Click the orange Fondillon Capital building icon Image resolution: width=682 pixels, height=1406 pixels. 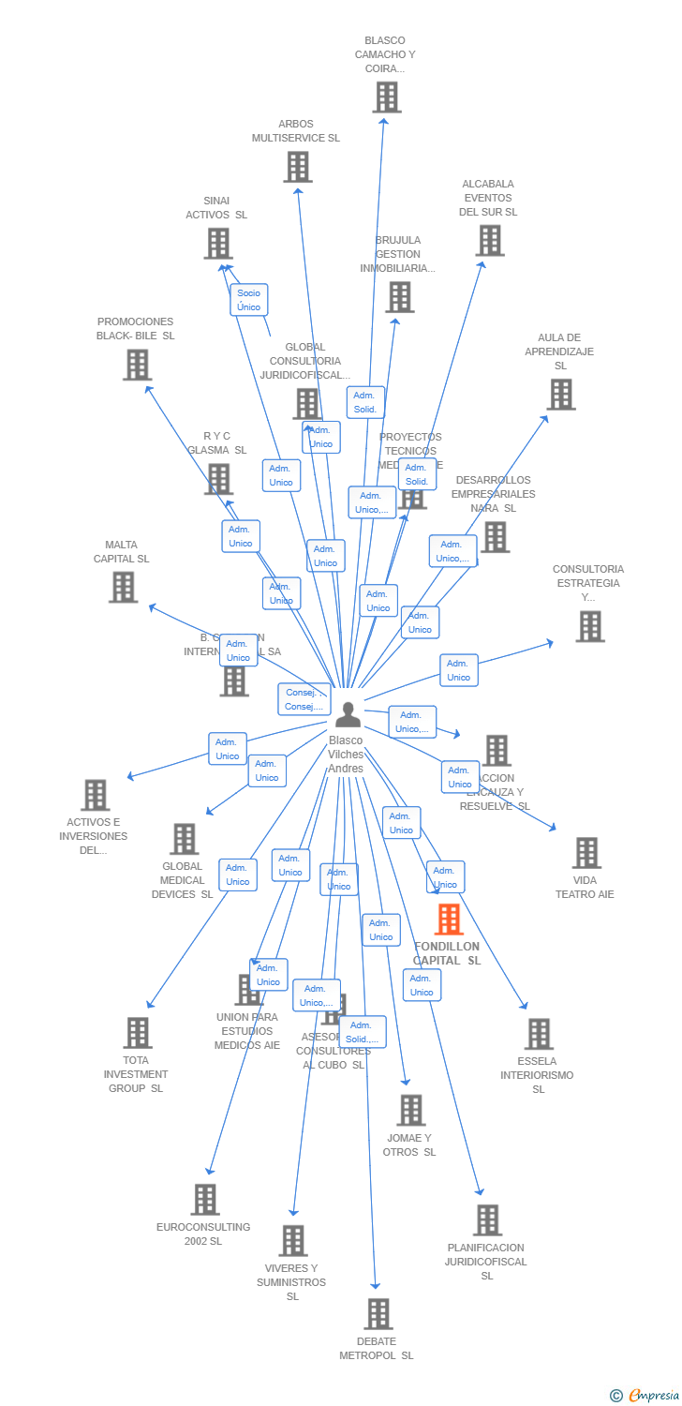(449, 920)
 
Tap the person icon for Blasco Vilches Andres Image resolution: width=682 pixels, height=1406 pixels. (348, 714)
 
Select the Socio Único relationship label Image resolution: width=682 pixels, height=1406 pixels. (249, 300)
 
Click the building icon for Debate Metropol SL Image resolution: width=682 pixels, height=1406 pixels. (378, 1313)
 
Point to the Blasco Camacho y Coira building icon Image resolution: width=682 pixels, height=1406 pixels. (386, 97)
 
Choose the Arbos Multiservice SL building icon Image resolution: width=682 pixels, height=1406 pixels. (297, 167)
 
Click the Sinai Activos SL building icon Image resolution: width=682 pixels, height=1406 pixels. (218, 244)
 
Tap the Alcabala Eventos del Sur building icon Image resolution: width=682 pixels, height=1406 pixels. (489, 241)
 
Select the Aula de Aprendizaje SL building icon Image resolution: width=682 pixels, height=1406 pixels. (560, 395)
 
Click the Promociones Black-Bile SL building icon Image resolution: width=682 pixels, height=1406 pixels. (137, 365)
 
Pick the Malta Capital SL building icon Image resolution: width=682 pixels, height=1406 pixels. (123, 587)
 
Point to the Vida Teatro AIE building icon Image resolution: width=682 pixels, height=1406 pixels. (586, 853)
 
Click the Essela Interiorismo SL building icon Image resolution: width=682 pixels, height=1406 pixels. (538, 1034)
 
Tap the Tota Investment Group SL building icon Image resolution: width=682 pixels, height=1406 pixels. (138, 1033)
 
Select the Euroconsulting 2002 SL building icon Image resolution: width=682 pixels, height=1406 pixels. (204, 1199)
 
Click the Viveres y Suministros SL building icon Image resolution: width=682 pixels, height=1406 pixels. (293, 1240)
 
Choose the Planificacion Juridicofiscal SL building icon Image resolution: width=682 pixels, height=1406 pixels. (487, 1219)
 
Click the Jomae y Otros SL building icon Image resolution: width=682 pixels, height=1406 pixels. (410, 1110)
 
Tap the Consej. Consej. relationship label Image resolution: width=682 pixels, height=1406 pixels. (304, 699)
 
